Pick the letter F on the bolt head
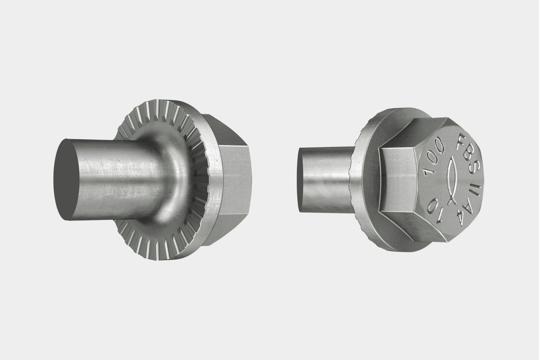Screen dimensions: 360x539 459,141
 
